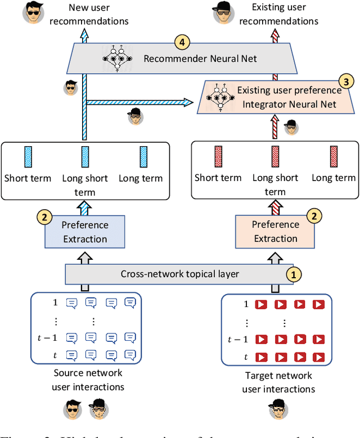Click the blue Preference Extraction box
coord(84,232)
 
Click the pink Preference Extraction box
coord(275,231)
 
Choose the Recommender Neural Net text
coord(200,58)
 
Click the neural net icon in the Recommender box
coord(116,58)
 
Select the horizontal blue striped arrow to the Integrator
coord(138,102)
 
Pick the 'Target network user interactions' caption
coord(278,383)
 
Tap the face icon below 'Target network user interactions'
coord(279,413)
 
